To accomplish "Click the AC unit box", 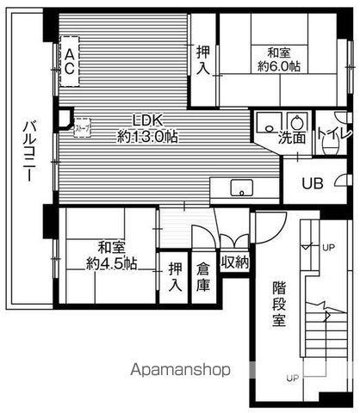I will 68,61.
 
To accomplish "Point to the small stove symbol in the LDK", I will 82,129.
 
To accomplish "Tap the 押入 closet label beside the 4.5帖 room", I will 176,276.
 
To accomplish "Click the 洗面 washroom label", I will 291,137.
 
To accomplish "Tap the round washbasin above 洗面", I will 299,121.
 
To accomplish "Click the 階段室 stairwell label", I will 279,303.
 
